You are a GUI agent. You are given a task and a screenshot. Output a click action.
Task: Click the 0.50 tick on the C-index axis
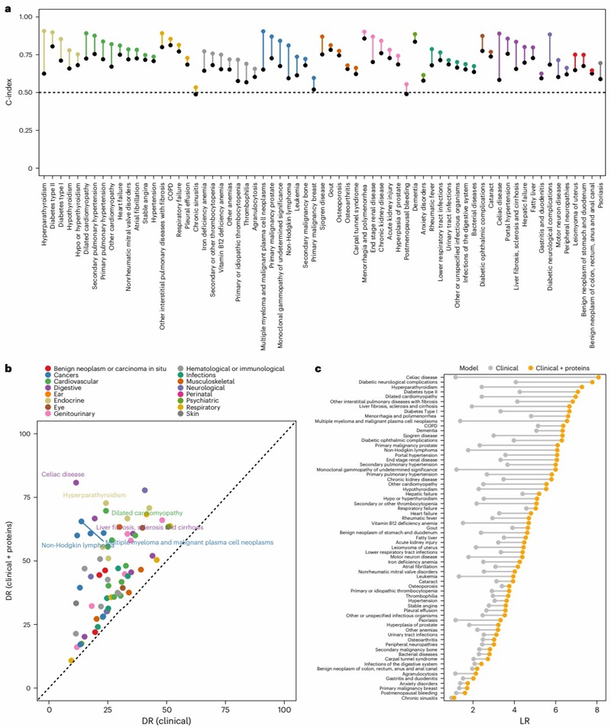[23, 92]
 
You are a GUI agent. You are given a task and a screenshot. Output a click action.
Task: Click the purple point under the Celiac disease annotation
[76, 482]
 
